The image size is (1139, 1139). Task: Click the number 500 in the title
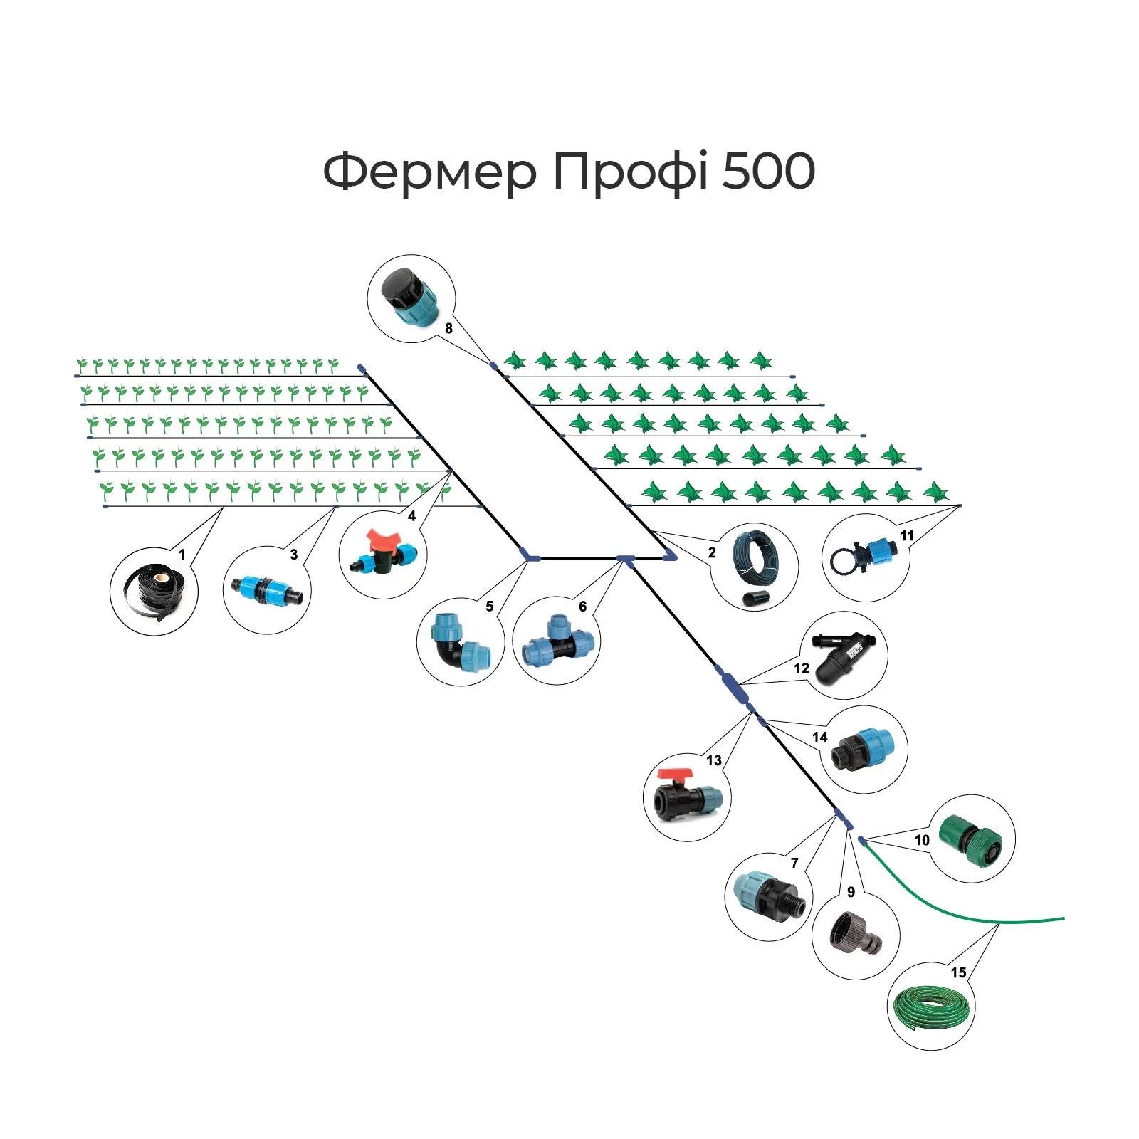click(x=768, y=172)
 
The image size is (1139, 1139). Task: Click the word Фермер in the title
click(x=429, y=172)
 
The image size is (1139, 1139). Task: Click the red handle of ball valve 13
click(x=676, y=774)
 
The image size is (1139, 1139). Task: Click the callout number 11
click(x=906, y=535)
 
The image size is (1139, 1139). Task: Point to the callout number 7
click(x=794, y=863)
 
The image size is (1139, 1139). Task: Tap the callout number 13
click(x=714, y=760)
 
